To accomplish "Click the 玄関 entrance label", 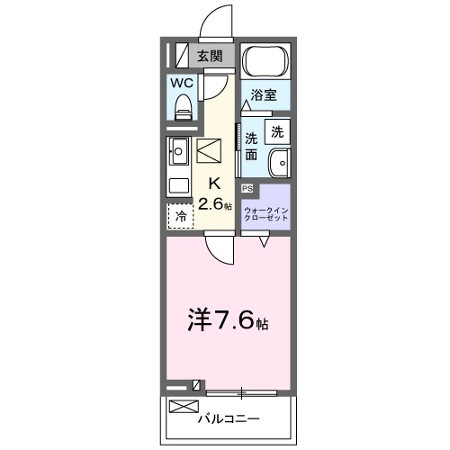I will pos(210,56).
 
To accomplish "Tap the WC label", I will pos(183,83).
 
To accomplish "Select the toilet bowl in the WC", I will pos(184,110).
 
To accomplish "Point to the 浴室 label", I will pos(263,94).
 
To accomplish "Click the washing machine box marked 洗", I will pos(277,130).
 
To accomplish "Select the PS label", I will pos(247,188).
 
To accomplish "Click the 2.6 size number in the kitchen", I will pos(212,204).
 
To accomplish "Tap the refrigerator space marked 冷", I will pos(180,216).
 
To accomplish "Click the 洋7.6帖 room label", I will pos(227,319).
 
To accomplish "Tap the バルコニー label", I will pos(228,419).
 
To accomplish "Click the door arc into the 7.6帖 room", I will pos(219,244).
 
